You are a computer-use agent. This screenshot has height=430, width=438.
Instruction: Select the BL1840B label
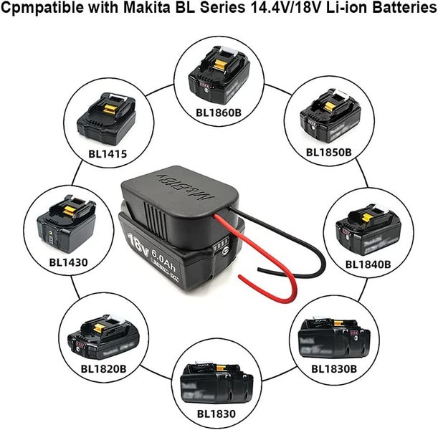368,264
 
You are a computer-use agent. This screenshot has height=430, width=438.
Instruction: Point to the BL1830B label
333,369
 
